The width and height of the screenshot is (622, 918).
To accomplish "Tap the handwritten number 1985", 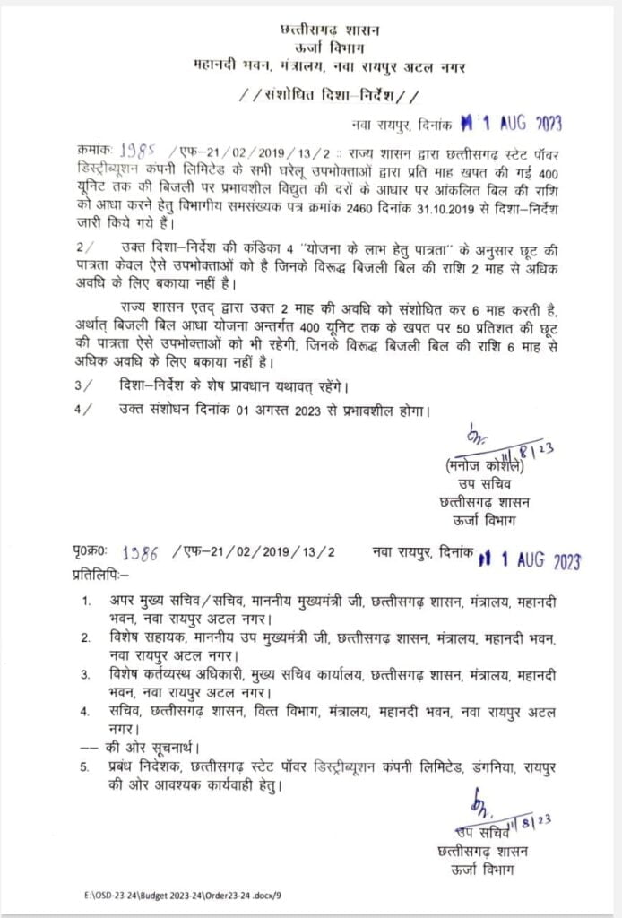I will (142, 150).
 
